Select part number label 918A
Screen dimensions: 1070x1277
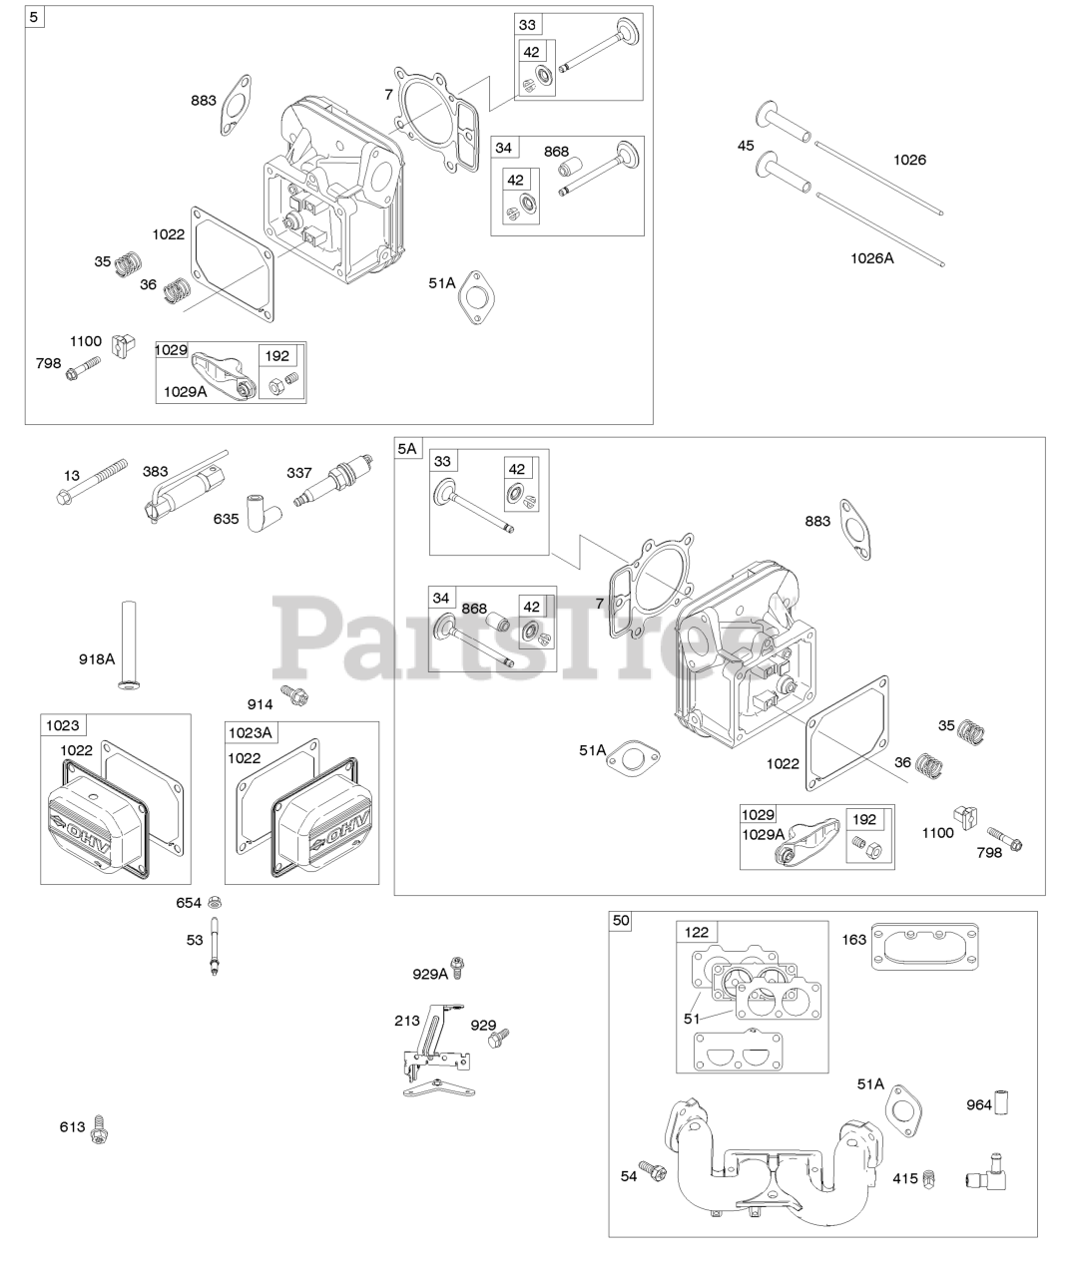click(97, 658)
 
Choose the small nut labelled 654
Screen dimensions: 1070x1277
click(215, 902)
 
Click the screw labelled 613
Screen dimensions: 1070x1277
click(98, 1128)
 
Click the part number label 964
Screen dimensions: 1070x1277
click(979, 1104)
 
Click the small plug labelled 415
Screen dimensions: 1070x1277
click(927, 1179)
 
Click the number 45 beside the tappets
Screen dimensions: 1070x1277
click(746, 146)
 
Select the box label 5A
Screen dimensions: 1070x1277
click(407, 449)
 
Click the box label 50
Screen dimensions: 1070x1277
click(621, 920)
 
